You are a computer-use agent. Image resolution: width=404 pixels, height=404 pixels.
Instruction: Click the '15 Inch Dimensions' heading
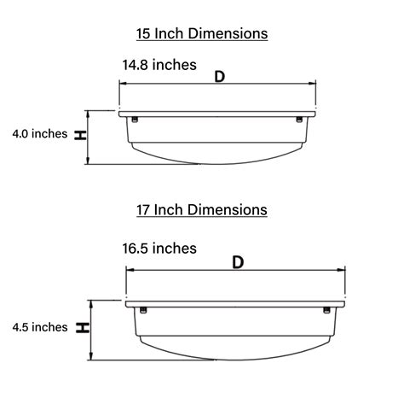tap(202, 33)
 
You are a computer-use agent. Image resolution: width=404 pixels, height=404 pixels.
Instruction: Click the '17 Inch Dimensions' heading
tap(202, 209)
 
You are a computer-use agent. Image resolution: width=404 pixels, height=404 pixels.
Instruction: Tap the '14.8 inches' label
tap(159, 64)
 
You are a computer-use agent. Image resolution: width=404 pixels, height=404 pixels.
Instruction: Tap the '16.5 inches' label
tap(159, 249)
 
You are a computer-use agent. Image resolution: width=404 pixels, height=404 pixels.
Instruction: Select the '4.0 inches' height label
tap(39, 134)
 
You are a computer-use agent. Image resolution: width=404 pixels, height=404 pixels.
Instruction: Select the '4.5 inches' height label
tap(39, 326)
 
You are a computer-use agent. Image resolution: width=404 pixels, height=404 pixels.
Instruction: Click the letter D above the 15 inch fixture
tap(219, 76)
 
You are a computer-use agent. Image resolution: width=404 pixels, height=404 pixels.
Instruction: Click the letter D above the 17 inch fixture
tap(238, 262)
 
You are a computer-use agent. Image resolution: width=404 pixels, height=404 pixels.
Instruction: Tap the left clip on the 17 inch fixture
tap(144, 308)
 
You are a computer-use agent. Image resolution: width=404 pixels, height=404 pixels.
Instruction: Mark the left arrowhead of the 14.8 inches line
tap(122, 84)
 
